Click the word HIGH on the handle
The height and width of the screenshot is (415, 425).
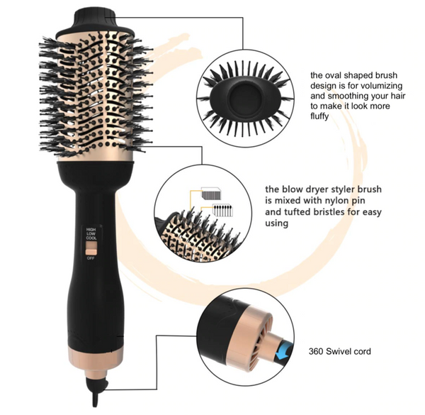(91, 230)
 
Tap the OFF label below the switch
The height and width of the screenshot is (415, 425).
(91, 258)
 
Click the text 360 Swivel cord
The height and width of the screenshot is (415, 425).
(340, 351)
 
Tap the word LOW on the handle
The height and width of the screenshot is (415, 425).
(91, 235)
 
